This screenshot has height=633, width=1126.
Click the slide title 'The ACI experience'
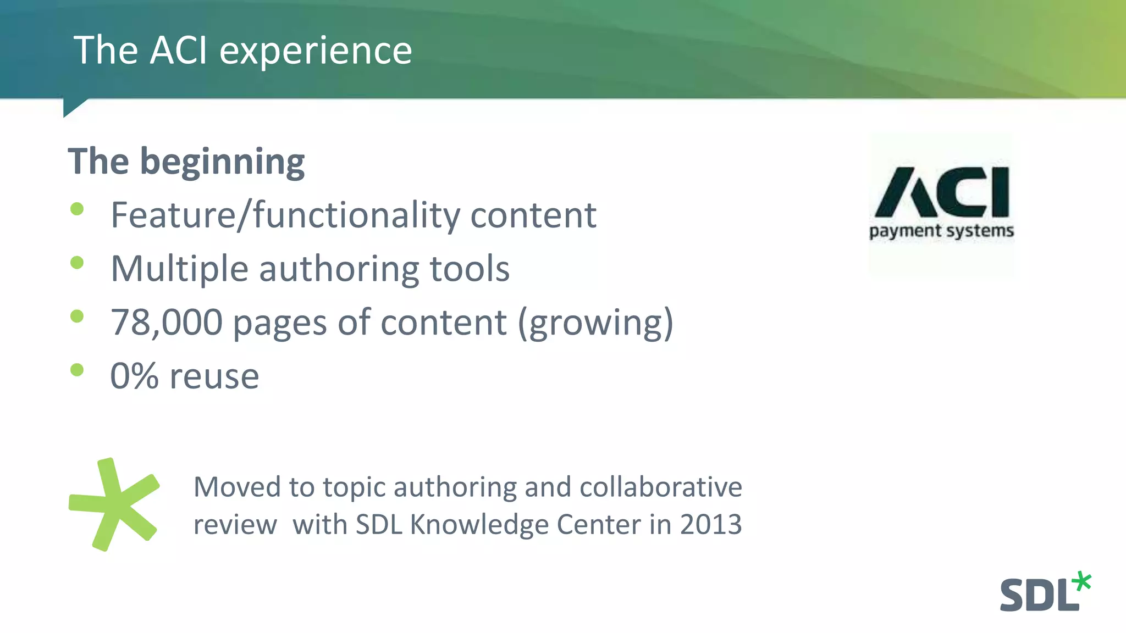tap(242, 51)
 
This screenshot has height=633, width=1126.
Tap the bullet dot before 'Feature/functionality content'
tap(77, 209)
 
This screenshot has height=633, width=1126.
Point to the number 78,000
tap(166, 323)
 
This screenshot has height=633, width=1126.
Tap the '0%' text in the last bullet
tap(134, 376)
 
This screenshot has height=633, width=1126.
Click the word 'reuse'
tap(214, 377)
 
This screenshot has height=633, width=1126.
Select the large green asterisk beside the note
tap(114, 504)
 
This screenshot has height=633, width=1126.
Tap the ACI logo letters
tap(942, 192)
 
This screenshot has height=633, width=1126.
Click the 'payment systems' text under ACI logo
tap(941, 231)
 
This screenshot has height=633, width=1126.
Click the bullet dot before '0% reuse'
tap(77, 370)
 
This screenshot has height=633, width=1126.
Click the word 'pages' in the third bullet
tap(280, 324)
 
